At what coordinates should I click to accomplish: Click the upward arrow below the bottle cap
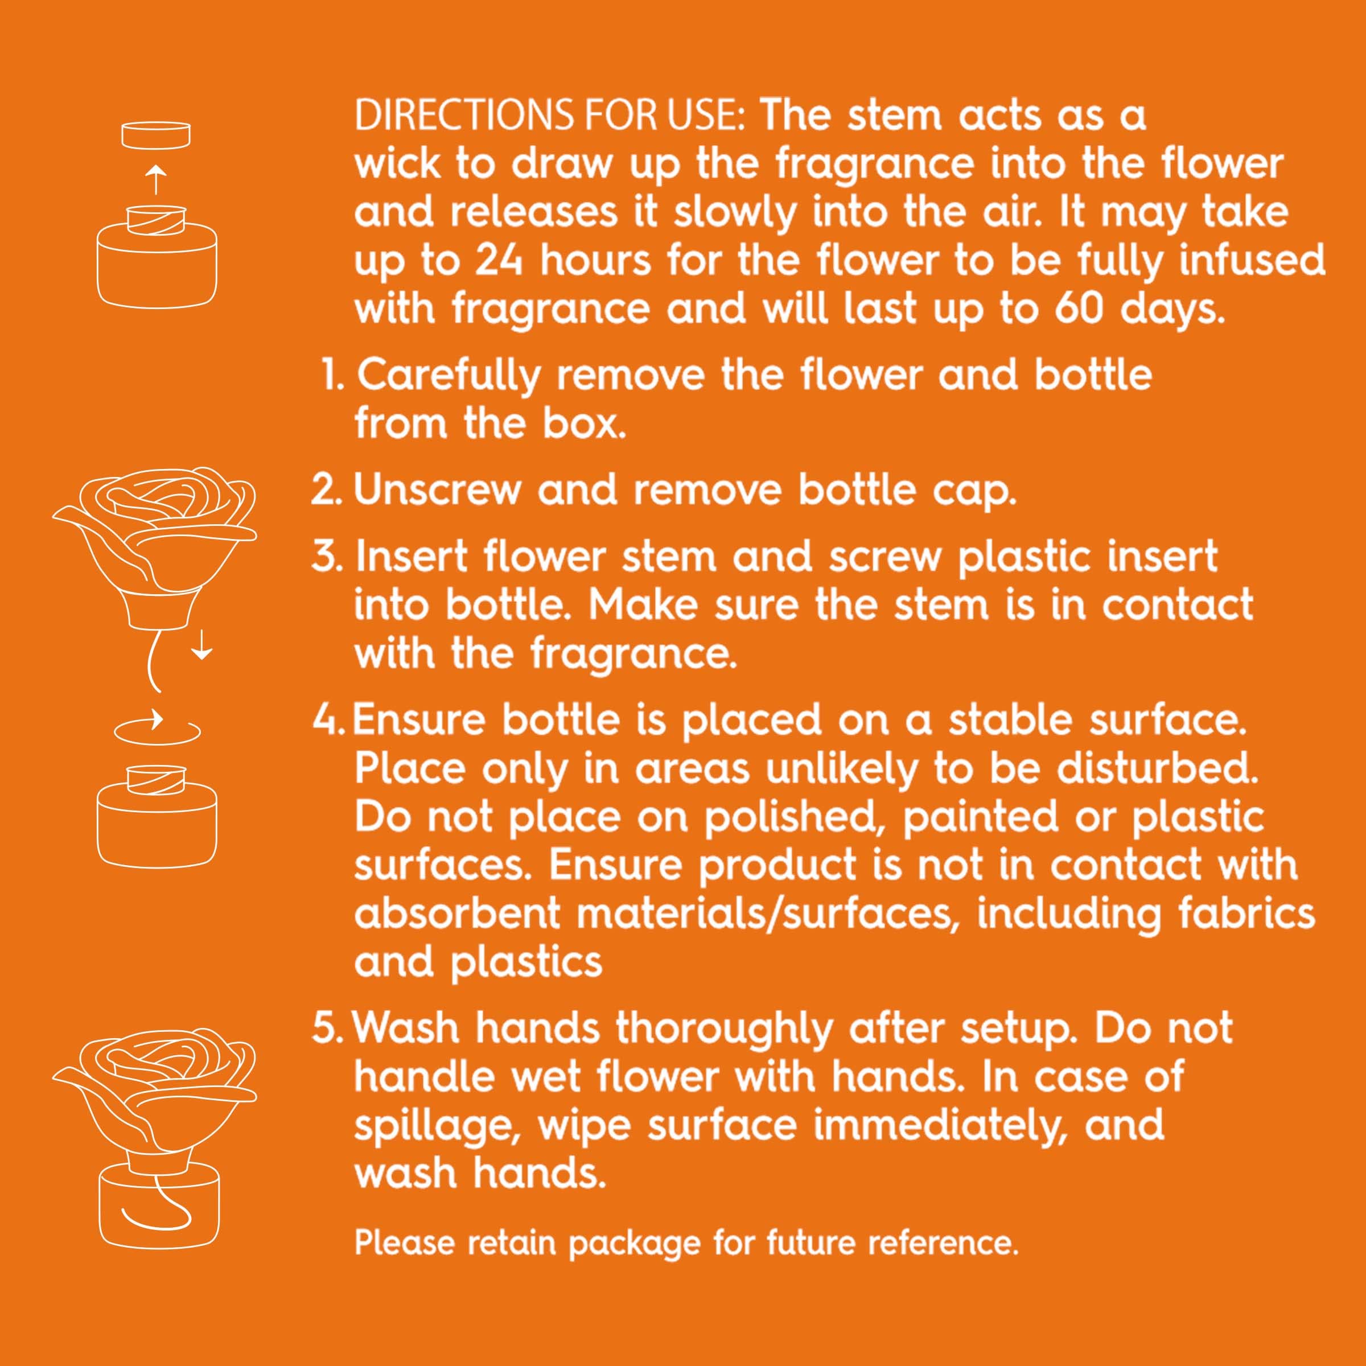coord(157,180)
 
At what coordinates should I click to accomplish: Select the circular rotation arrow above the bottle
coord(158,729)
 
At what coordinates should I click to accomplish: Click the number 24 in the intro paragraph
coord(499,260)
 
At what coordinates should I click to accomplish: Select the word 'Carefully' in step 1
coord(449,376)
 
